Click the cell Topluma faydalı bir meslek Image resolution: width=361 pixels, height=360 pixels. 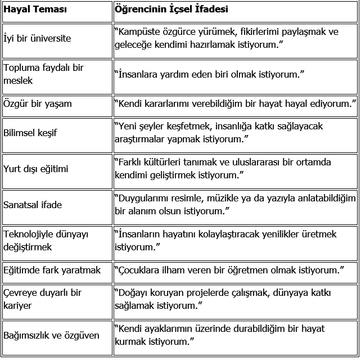tap(43, 74)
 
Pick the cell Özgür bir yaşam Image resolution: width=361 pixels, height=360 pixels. tap(38, 104)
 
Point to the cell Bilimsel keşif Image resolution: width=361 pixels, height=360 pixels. tap(30, 133)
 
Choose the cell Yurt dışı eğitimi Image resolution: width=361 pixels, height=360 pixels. tap(36, 169)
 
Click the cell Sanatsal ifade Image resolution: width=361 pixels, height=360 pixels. tap(33, 205)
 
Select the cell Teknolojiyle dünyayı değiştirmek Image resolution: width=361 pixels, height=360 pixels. tap(46, 240)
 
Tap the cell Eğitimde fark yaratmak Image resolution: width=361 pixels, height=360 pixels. tap(52, 271)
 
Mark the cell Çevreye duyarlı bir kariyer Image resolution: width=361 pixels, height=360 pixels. tap(43, 299)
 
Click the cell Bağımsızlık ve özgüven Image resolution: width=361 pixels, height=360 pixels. tap(51, 336)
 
